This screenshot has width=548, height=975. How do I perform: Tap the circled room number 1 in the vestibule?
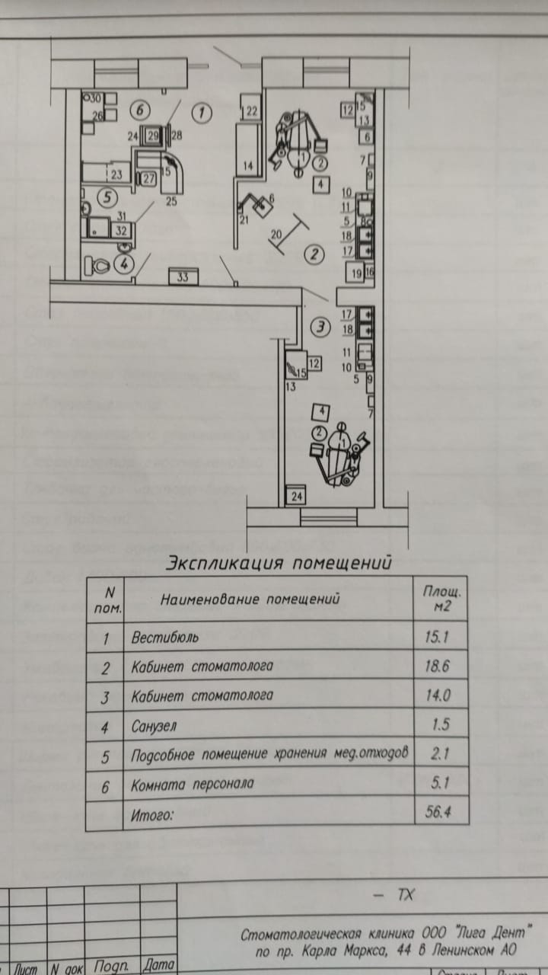point(201,113)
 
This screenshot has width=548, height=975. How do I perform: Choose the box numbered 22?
point(252,111)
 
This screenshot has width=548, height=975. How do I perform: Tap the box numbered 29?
point(153,136)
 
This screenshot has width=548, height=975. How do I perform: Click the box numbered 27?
point(148,179)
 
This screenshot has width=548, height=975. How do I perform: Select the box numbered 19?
point(355,271)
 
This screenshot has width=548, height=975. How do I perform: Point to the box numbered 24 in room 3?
point(296,497)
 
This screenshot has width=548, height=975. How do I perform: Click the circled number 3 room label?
point(321,328)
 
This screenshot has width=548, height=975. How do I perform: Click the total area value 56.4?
point(435,812)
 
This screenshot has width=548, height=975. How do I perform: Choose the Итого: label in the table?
point(152,814)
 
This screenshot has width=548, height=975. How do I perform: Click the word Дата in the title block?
point(159,965)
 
